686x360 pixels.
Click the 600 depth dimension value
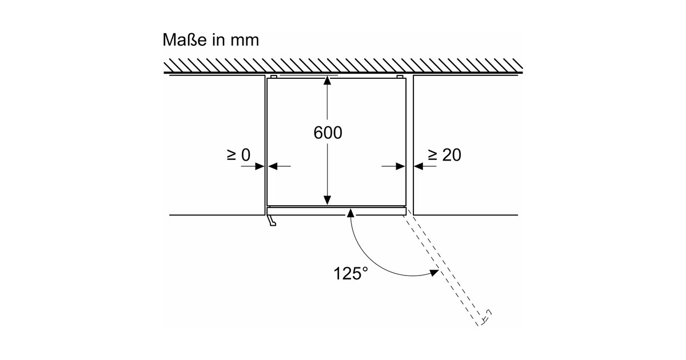click(328, 133)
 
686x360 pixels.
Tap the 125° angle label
click(350, 273)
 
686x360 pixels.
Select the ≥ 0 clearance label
click(239, 155)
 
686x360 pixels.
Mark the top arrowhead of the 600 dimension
click(327, 81)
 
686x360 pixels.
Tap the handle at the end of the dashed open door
click(486, 316)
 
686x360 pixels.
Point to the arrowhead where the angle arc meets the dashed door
click(434, 274)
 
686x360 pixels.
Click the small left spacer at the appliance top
click(273, 77)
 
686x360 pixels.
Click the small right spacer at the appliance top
click(400, 77)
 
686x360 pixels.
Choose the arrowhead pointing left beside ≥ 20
click(418, 166)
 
